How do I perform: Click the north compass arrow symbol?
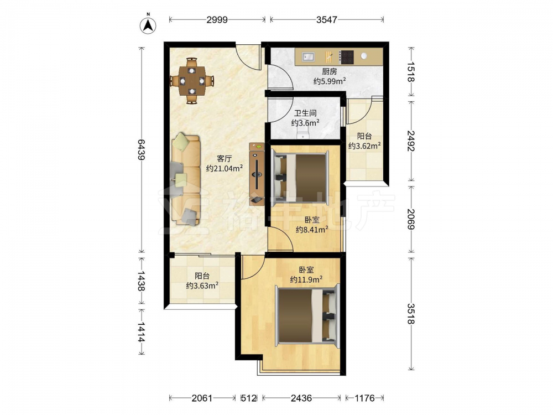point(148,25)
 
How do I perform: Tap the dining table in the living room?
point(192,81)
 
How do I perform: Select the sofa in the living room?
point(186,179)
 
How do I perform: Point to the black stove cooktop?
point(347,57)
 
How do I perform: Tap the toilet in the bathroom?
point(302,134)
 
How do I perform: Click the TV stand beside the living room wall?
point(257,174)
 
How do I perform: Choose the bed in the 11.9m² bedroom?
point(307,315)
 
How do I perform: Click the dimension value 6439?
point(141,149)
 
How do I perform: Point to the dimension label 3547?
point(327,19)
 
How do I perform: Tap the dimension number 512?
point(249,398)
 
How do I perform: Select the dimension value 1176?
point(364,398)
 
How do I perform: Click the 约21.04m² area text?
point(225,168)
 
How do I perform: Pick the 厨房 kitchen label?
point(330,71)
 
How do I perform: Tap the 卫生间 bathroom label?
point(305,113)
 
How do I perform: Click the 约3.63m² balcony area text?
point(202,285)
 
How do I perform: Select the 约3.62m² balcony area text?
point(364,146)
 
